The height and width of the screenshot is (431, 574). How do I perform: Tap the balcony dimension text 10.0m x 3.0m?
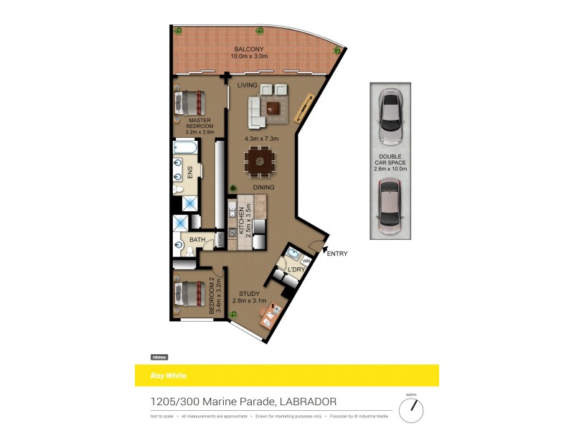[x=249, y=56]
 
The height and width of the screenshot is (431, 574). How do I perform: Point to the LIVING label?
[x=248, y=85]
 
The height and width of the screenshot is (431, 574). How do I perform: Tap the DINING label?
[x=263, y=187]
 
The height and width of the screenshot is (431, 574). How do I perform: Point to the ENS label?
[x=190, y=172]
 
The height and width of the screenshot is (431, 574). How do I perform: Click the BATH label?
[x=197, y=240]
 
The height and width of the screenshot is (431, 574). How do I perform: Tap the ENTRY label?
[x=337, y=254]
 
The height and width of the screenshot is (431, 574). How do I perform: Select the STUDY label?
[x=249, y=293]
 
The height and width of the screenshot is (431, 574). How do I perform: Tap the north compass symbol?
[x=411, y=409]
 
